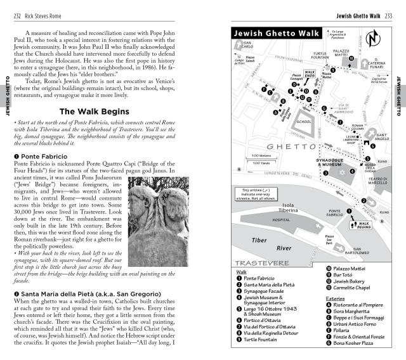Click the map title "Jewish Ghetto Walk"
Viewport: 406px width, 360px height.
coord(273,34)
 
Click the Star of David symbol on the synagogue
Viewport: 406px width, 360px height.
coord(344,172)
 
